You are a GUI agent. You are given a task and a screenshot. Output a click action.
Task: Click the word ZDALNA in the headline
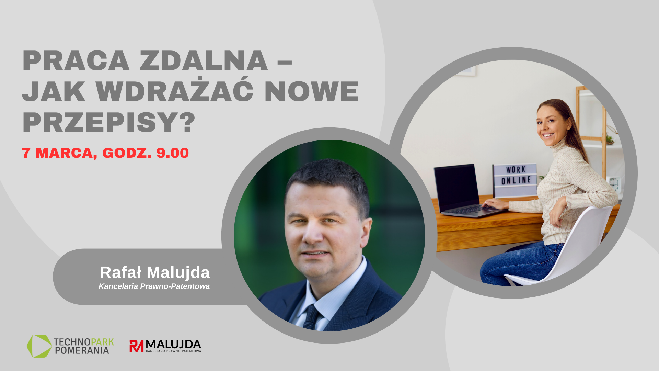(x=203, y=61)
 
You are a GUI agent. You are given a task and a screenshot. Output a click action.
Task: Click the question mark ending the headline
(x=189, y=122)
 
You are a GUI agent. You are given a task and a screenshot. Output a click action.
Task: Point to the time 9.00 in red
(x=173, y=153)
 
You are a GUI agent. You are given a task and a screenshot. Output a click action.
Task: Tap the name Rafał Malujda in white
(x=154, y=272)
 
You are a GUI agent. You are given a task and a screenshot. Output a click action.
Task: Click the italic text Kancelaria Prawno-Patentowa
(x=154, y=286)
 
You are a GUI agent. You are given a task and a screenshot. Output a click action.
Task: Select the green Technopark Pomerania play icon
(x=39, y=346)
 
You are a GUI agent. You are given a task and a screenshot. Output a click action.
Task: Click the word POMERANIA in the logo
(x=82, y=350)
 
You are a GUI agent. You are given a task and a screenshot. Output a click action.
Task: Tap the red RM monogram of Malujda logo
(x=136, y=346)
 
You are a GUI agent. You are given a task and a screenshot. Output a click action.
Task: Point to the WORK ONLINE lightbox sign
(x=515, y=180)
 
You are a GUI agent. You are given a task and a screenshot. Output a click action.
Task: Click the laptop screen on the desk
(x=456, y=188)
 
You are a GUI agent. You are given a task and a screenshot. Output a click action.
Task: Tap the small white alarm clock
(x=614, y=184)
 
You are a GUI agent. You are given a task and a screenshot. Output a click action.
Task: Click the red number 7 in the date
(x=26, y=153)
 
